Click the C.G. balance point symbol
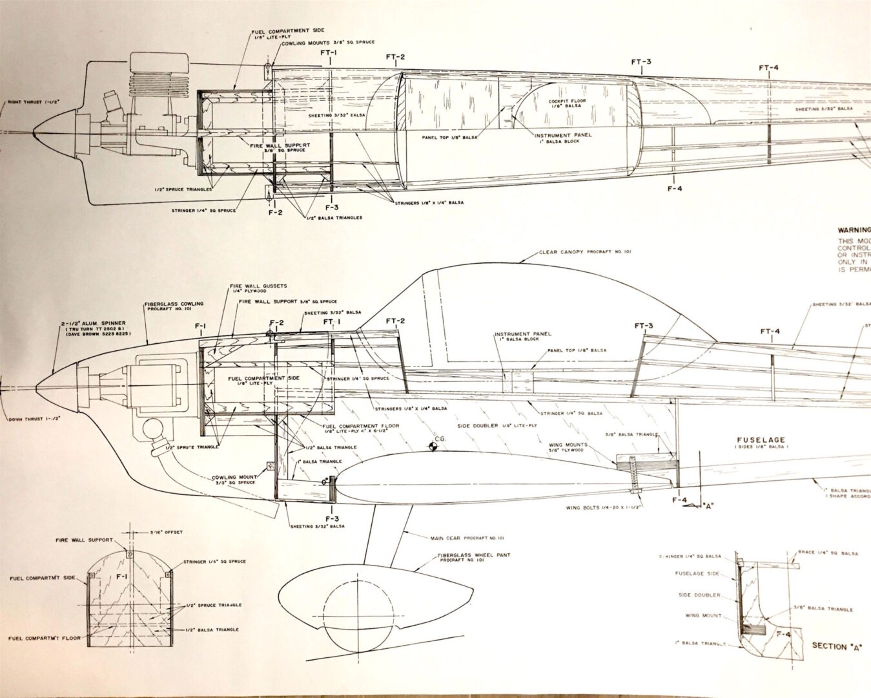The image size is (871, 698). click(431, 445)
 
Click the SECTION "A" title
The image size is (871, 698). click(838, 646)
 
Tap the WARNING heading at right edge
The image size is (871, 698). click(854, 229)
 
